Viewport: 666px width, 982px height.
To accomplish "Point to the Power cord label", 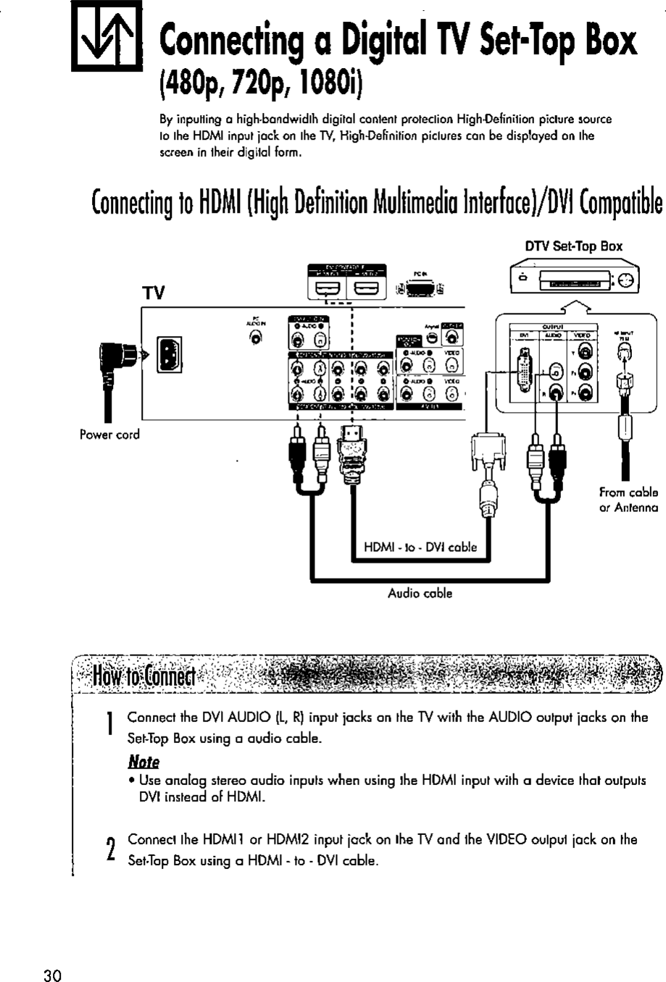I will [109, 435].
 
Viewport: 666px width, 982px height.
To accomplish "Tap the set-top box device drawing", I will [575, 280].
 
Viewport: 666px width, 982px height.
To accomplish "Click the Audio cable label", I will [420, 594].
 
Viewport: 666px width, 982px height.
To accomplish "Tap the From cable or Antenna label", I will [628, 500].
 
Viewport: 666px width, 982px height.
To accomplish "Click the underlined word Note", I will [143, 762].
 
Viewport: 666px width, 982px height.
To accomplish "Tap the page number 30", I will [51, 974].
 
